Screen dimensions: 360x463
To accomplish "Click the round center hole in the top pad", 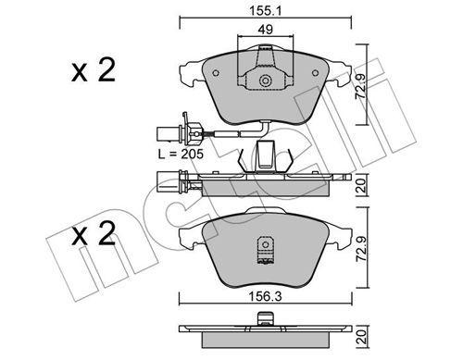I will tap(267, 81).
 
